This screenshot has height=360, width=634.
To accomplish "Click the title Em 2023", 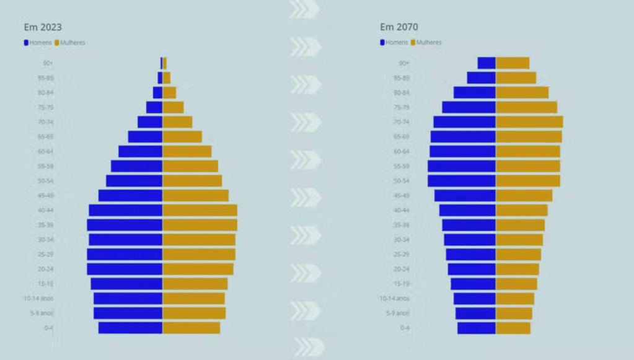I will pyautogui.click(x=42, y=27).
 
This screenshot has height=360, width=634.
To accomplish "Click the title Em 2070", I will pyautogui.click(x=398, y=27).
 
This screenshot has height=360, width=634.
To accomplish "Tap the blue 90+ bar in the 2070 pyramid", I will pyautogui.click(x=487, y=63).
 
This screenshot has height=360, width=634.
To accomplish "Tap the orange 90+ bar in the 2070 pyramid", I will pyautogui.click(x=513, y=63).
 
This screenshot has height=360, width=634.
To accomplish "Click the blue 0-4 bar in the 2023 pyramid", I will pyautogui.click(x=130, y=328).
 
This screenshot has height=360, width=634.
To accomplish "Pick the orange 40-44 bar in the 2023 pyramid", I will pyautogui.click(x=200, y=210).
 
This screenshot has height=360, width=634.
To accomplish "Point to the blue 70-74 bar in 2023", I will pyautogui.click(x=150, y=122).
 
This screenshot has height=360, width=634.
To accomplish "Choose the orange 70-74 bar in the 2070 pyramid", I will pyautogui.click(x=529, y=122).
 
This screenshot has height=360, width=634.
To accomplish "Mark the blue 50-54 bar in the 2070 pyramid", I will pyautogui.click(x=462, y=181).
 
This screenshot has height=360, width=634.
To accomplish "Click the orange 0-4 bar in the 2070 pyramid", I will pyautogui.click(x=513, y=328).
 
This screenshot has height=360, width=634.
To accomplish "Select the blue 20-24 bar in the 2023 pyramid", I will pyautogui.click(x=125, y=269).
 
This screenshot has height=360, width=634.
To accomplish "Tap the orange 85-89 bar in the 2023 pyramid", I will pyautogui.click(x=167, y=78).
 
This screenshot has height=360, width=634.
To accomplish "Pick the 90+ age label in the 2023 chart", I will pyautogui.click(x=48, y=63).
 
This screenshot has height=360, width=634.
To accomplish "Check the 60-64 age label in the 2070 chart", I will pyautogui.click(x=402, y=152).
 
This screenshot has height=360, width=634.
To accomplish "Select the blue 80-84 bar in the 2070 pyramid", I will pyautogui.click(x=475, y=92).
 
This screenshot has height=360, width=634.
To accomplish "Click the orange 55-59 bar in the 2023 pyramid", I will pyautogui.click(x=190, y=166).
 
